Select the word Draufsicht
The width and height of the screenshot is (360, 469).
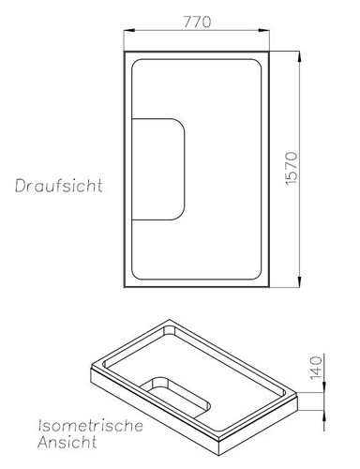[x=58, y=186]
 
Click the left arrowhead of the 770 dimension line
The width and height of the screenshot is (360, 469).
[x=128, y=33]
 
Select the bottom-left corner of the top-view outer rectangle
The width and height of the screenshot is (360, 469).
[x=126, y=288]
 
